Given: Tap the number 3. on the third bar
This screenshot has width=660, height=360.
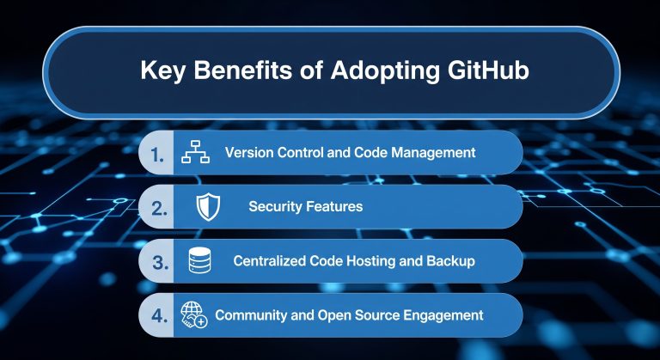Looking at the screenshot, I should click(159, 262).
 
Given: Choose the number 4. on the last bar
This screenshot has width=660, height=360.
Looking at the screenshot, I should click(159, 315).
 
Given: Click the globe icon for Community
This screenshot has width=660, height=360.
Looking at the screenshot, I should click(193, 314).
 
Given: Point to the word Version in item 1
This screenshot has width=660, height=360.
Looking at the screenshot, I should click(248, 153).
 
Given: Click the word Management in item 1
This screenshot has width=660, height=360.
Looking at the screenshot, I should click(430, 153).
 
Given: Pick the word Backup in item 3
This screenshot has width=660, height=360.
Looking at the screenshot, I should click(451, 261).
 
